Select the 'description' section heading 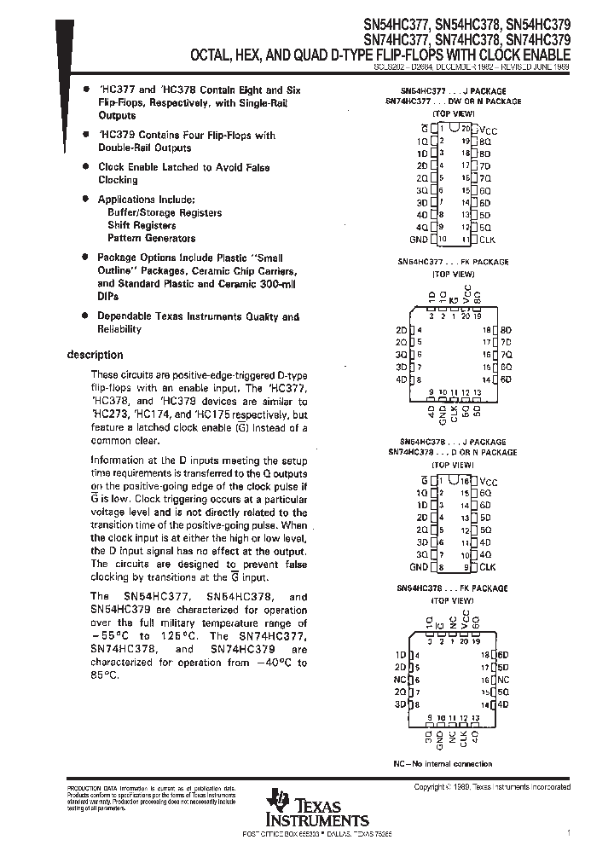click(95, 355)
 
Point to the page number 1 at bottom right click(568, 832)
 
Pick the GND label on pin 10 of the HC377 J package click(418, 240)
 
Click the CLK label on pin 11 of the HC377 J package click(487, 240)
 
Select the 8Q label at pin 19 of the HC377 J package click(485, 140)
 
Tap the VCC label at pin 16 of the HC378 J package click(488, 481)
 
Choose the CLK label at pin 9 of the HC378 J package click(487, 566)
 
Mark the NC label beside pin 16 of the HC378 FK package click(503, 680)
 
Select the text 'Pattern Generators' click(151, 238)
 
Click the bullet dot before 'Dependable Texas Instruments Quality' click(86, 316)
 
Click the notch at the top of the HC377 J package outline click(453, 126)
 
